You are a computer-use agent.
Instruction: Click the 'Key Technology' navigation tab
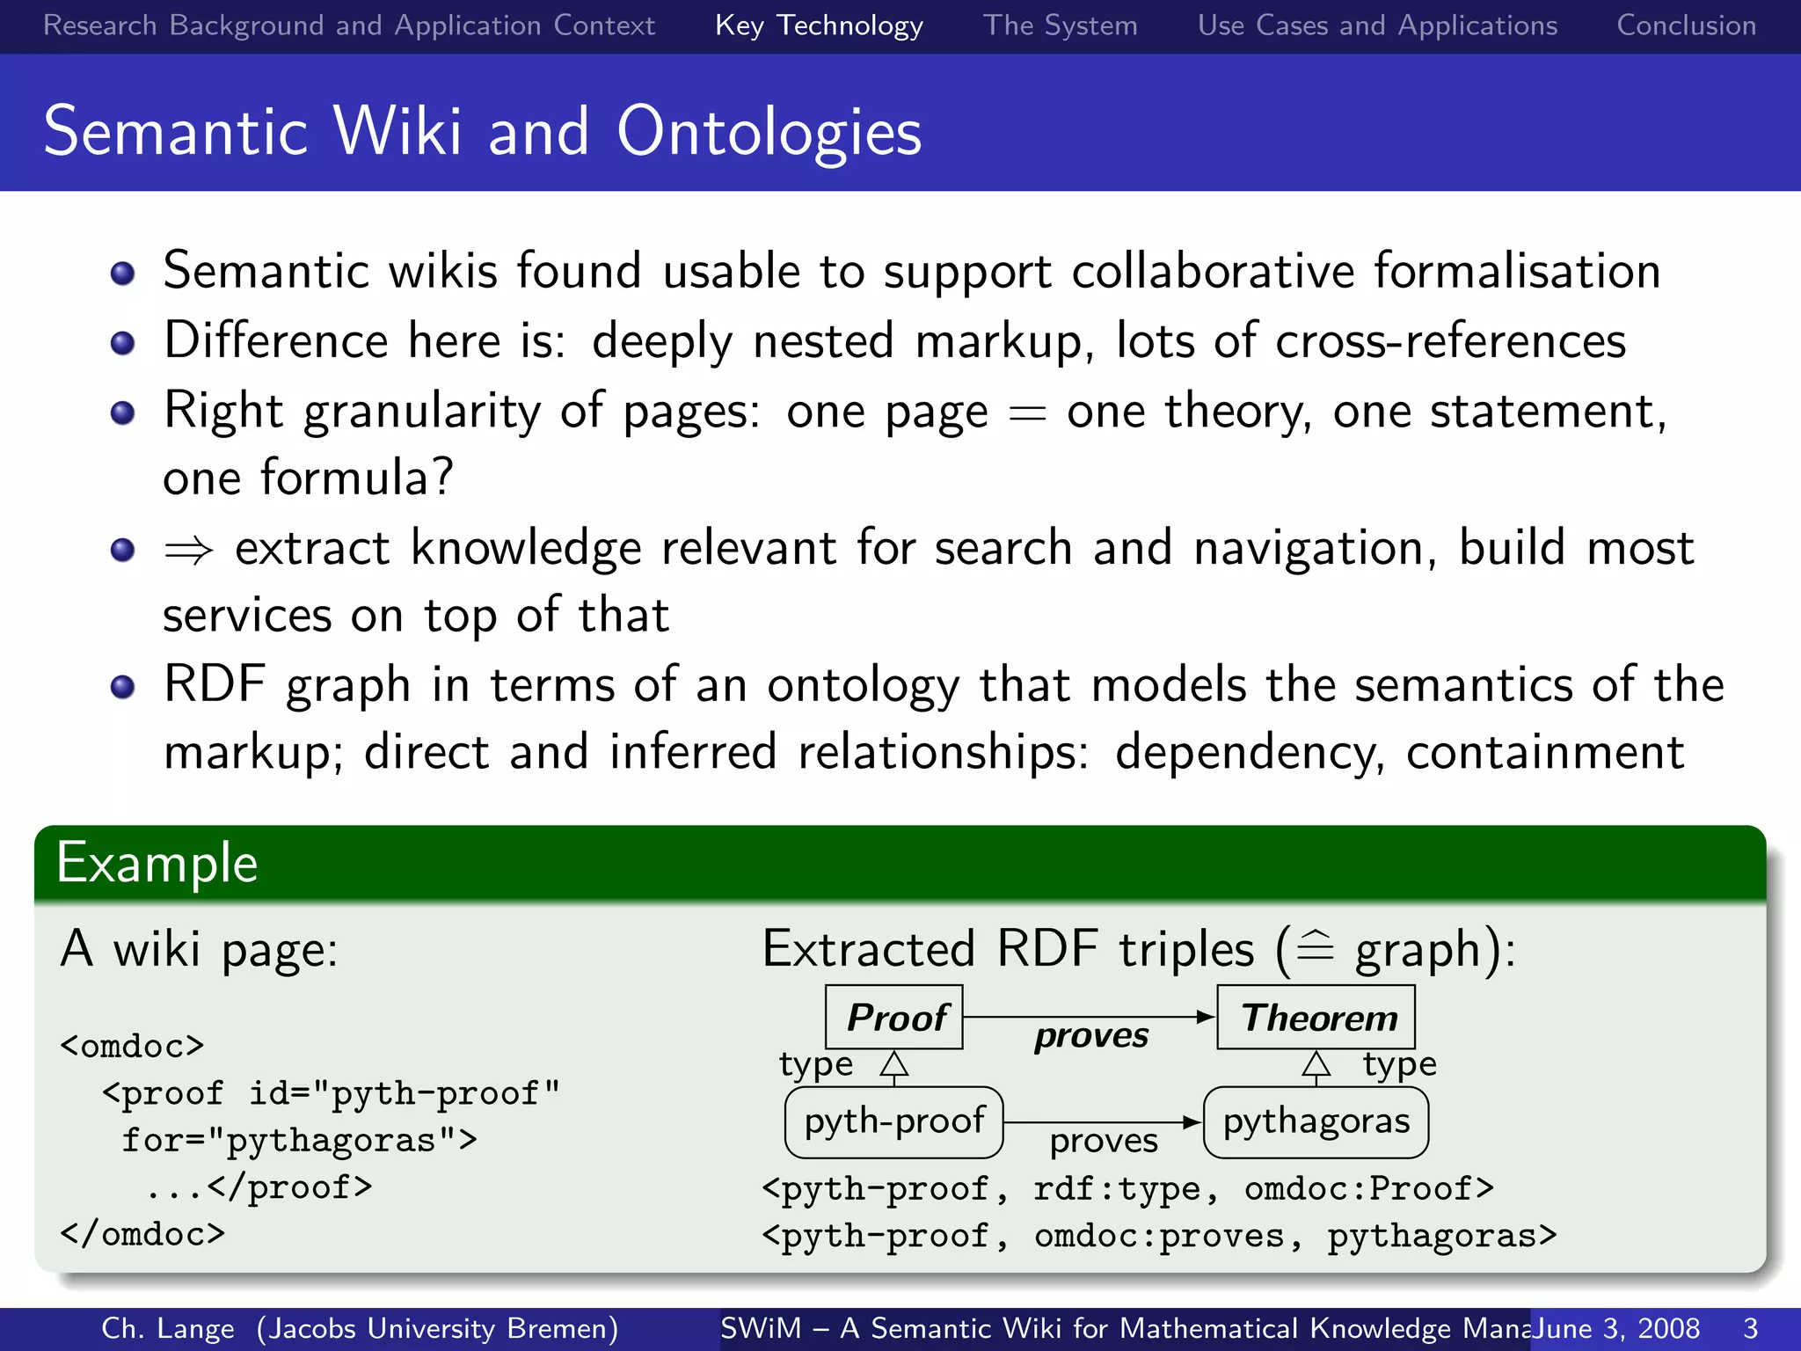[819, 26]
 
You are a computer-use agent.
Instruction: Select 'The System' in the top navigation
[1060, 26]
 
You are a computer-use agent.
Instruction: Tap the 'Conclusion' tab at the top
[1686, 26]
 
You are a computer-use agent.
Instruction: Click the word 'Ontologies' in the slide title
[769, 132]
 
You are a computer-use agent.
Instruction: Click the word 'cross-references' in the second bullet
[1450, 341]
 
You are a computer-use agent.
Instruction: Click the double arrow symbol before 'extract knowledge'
[189, 551]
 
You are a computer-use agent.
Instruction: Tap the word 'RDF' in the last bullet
[215, 684]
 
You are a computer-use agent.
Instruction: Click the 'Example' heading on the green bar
[157, 863]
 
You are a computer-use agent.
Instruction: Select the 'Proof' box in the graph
[894, 1018]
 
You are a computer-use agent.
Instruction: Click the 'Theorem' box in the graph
[1316, 1018]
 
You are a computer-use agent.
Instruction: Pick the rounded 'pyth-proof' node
[893, 1121]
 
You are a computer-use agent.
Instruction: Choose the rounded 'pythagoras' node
[1316, 1121]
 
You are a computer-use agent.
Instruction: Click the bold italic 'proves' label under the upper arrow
[1090, 1036]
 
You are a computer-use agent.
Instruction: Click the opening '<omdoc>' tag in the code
[132, 1046]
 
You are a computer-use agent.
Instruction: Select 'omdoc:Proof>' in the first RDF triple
[1368, 1189]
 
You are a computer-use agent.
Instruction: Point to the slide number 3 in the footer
[1750, 1328]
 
